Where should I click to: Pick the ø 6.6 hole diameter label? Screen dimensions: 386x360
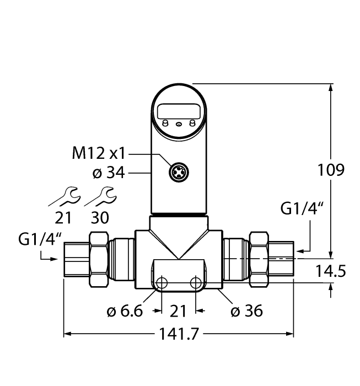coord(125,312)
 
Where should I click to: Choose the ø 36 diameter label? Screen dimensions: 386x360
coord(246,312)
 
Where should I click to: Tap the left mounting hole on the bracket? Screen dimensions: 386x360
coord(162,283)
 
